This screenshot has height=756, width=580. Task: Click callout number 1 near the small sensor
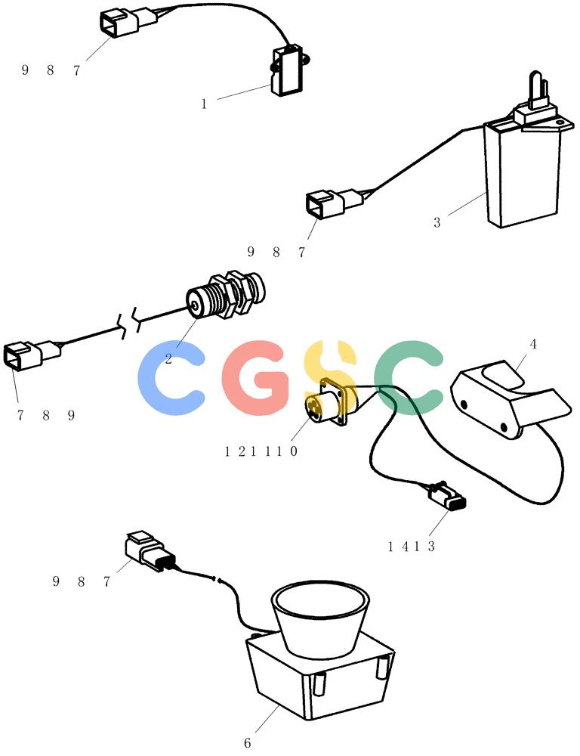point(204,104)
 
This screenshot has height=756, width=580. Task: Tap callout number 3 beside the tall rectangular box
point(437,223)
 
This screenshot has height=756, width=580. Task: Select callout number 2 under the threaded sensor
point(168,358)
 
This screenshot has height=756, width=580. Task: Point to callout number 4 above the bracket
point(532,344)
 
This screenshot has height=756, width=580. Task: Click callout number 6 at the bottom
point(247,743)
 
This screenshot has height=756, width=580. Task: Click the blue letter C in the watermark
point(171,377)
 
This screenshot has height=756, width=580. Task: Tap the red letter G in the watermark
point(257,377)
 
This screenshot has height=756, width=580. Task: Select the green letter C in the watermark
point(409,377)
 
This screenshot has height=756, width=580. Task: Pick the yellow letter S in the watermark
point(332,377)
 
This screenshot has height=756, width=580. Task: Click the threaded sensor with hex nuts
point(226,296)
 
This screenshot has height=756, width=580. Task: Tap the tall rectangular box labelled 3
point(523,174)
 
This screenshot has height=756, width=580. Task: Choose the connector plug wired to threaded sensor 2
point(32,356)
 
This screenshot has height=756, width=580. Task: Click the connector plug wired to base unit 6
point(147,552)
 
